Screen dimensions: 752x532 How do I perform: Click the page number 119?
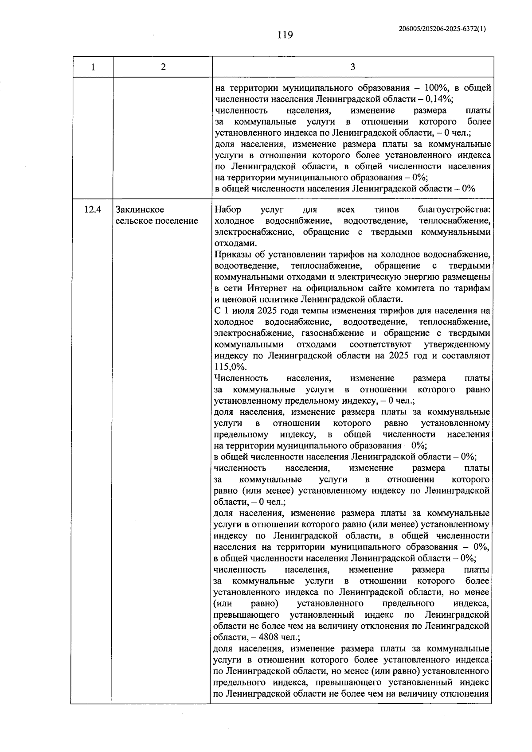click(285, 35)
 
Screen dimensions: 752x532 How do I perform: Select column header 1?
click(93, 67)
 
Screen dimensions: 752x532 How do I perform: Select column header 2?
click(163, 67)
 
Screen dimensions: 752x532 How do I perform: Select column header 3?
click(352, 67)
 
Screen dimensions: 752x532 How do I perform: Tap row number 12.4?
click(93, 210)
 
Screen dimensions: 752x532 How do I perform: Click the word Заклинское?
click(140, 210)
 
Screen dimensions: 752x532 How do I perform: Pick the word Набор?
click(227, 210)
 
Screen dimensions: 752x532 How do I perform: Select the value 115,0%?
click(229, 367)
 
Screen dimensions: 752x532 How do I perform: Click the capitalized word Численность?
click(241, 378)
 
